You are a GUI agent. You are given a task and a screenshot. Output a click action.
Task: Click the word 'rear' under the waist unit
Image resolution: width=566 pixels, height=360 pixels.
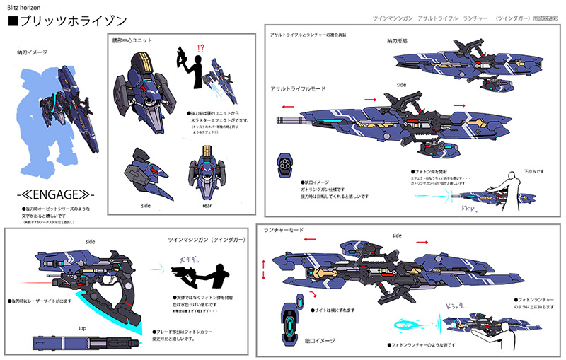[205, 205]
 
